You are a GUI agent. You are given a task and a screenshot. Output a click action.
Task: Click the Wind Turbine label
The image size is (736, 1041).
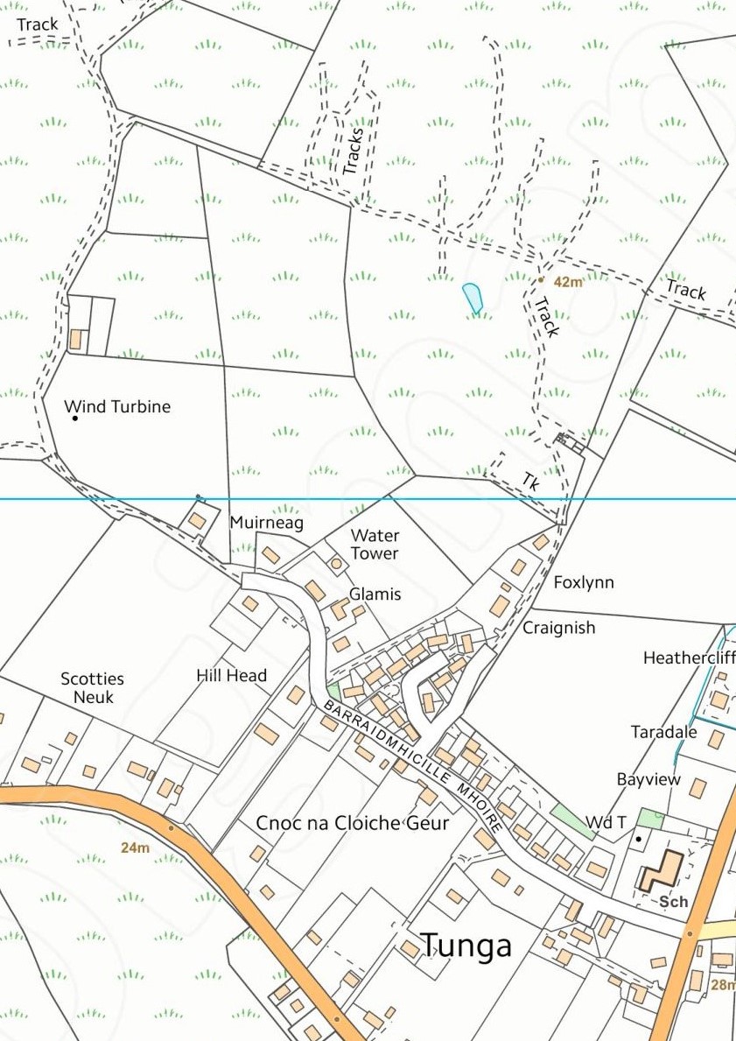click(x=117, y=406)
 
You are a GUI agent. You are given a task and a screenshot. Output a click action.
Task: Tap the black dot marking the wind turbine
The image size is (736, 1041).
click(x=75, y=419)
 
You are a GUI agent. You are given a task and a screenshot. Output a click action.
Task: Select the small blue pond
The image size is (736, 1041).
click(x=473, y=297)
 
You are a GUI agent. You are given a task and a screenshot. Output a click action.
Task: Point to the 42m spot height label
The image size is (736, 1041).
click(x=568, y=282)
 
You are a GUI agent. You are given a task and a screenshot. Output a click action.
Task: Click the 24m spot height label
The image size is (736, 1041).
click(x=136, y=848)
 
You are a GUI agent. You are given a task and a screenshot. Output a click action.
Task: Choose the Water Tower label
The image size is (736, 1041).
click(x=375, y=544)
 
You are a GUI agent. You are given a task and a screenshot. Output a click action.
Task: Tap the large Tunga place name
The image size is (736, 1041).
click(x=466, y=946)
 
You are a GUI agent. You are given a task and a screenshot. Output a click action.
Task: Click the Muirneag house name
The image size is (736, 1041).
click(x=266, y=523)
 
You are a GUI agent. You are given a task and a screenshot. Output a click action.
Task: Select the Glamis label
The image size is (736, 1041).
click(x=375, y=594)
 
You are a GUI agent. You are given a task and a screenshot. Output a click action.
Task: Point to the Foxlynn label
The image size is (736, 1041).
click(x=584, y=582)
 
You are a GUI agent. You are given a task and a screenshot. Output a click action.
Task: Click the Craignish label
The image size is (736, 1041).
click(x=559, y=628)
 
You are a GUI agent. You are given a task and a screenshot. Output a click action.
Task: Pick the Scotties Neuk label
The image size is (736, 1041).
click(x=92, y=687)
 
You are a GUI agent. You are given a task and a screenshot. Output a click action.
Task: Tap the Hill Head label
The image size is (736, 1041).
click(x=231, y=675)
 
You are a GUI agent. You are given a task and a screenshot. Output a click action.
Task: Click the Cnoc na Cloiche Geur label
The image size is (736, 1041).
click(x=352, y=823)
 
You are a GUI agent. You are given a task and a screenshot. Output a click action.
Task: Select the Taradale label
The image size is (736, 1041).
click(x=664, y=732)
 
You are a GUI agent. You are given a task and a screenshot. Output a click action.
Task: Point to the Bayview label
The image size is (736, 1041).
click(x=648, y=779)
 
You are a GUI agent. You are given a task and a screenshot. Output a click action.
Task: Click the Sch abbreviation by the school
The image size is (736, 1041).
click(x=674, y=901)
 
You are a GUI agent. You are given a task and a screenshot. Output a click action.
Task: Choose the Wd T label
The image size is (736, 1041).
click(x=606, y=822)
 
